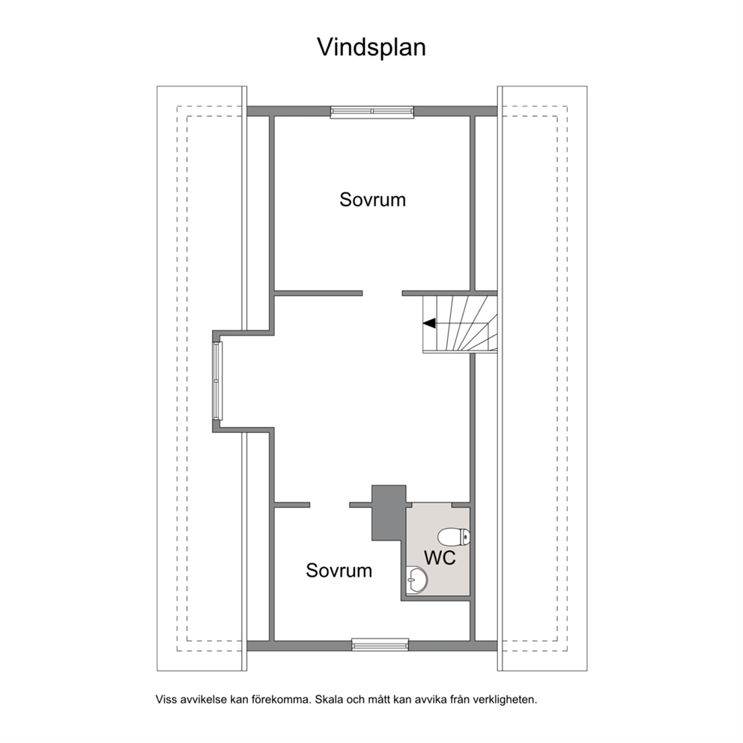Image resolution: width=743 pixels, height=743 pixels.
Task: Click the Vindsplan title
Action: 371,47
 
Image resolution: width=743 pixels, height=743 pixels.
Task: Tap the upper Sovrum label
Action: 372,199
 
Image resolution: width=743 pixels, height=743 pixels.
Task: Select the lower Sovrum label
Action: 339,570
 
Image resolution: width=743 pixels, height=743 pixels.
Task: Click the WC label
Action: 440,558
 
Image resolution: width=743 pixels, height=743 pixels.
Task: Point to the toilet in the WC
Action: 454,537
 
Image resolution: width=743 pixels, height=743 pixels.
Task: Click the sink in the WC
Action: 417,579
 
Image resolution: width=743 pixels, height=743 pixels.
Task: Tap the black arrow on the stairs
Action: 429,323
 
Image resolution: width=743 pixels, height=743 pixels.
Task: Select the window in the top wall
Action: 372,112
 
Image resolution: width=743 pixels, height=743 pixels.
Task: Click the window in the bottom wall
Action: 380,644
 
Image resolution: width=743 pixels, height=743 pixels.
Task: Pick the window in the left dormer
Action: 217,381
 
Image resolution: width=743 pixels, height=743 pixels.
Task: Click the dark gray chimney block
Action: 389,513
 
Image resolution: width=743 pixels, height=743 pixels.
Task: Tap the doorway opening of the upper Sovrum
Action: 383,294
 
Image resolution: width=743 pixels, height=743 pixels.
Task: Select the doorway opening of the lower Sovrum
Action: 330,505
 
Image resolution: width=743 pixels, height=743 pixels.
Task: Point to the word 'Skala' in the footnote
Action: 329,700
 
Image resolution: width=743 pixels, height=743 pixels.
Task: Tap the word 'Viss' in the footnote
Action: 166,700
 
